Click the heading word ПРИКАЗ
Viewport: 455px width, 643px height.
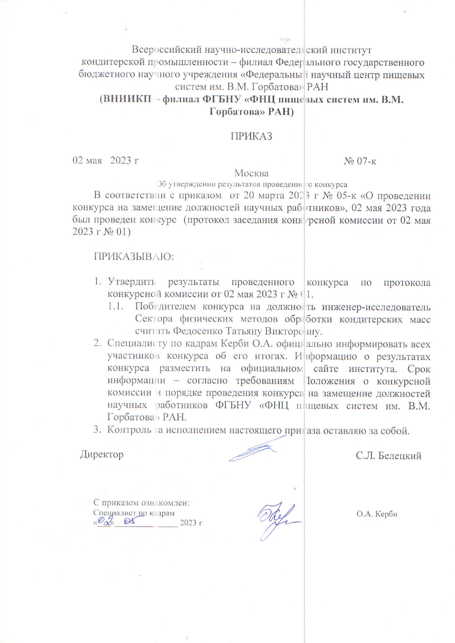(251, 136)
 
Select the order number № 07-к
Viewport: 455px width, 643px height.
(360, 161)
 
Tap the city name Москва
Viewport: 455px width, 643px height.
(251, 173)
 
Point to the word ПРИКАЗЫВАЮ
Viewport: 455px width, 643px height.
(134, 256)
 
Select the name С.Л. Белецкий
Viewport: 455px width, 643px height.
(388, 456)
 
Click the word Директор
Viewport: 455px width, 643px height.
(102, 454)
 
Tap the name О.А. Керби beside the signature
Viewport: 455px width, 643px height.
(377, 514)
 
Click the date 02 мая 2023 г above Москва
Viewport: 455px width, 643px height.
(106, 160)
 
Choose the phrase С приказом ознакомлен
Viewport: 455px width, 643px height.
(141, 503)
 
